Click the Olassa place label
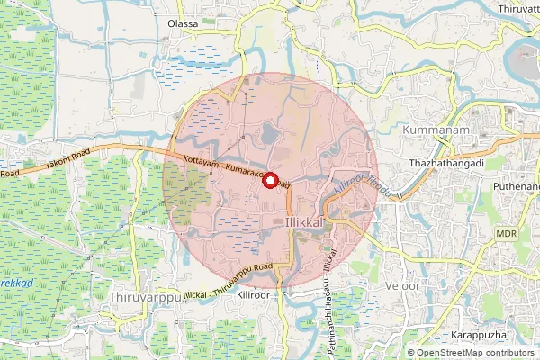click(183, 24)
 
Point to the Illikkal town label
click(303, 220)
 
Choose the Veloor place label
click(402, 286)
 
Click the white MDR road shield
click(506, 233)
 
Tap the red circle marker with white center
click(269, 180)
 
